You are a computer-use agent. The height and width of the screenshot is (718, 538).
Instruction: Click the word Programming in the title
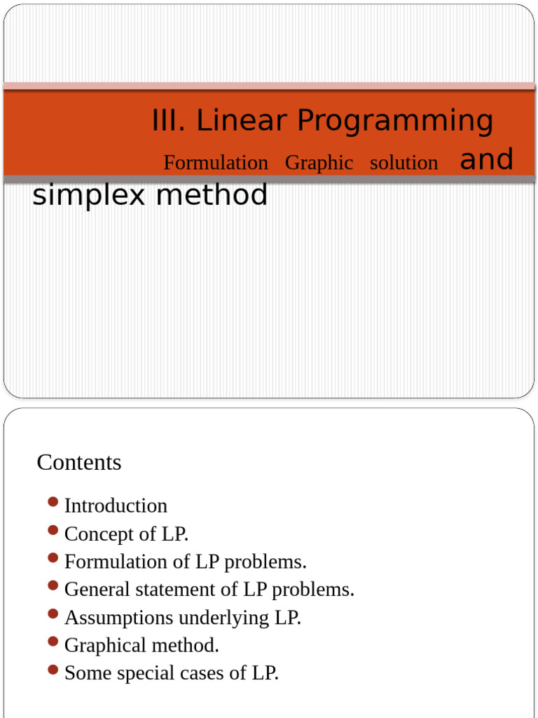pyautogui.click(x=395, y=121)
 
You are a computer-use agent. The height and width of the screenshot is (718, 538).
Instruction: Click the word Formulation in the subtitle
pyautogui.click(x=216, y=163)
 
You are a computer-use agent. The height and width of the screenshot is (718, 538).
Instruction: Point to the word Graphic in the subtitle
pyautogui.click(x=319, y=163)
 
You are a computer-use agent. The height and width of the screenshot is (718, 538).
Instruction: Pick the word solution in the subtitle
pyautogui.click(x=403, y=163)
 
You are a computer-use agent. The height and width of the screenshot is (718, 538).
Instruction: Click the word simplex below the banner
pyautogui.click(x=89, y=196)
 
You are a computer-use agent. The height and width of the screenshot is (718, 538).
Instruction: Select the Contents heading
pyautogui.click(x=79, y=462)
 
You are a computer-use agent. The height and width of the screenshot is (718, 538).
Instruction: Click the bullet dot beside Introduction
pyautogui.click(x=53, y=502)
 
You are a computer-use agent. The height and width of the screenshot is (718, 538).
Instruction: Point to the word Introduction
pyautogui.click(x=116, y=506)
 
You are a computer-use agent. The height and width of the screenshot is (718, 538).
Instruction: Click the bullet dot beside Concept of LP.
pyautogui.click(x=53, y=530)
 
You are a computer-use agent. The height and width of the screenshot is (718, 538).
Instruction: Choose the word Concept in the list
pyautogui.click(x=99, y=534)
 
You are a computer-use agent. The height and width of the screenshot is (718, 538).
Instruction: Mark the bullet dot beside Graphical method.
pyautogui.click(x=53, y=642)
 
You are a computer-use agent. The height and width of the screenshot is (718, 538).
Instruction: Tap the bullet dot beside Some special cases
pyautogui.click(x=53, y=670)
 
